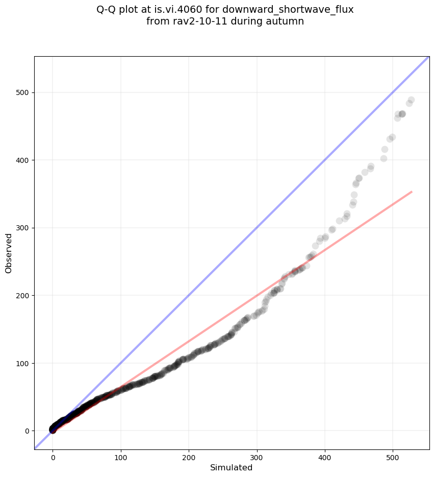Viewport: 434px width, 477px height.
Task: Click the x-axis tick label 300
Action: point(257,456)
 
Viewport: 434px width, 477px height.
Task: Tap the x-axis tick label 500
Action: point(393,456)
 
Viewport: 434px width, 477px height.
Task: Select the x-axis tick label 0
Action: point(53,456)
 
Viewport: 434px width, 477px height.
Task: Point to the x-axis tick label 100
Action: point(121,456)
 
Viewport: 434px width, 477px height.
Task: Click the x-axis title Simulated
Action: point(231,467)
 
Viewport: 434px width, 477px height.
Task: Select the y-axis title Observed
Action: point(9,254)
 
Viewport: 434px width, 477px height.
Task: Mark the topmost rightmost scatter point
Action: point(411,100)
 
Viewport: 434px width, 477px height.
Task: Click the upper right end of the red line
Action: point(411,192)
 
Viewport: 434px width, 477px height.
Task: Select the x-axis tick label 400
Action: point(325,456)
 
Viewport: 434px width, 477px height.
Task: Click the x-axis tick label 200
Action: point(189,456)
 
